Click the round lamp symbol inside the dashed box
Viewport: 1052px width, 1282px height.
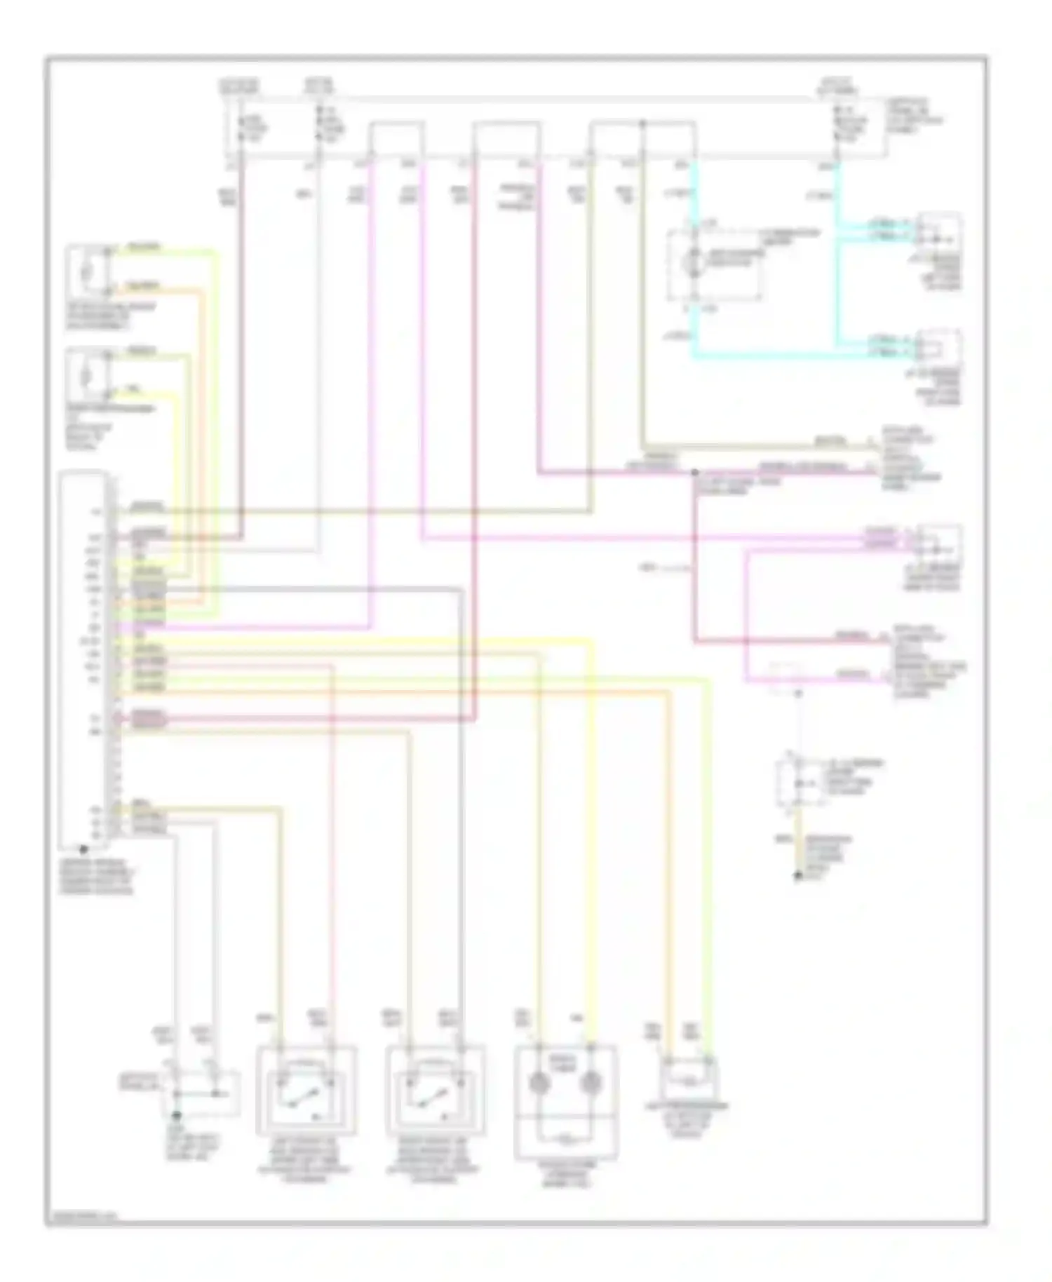pos(694,257)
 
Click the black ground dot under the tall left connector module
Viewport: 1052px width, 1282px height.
pos(83,849)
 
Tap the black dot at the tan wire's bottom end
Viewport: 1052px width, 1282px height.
pos(797,876)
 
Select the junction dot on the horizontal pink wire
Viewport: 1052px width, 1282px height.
pos(694,472)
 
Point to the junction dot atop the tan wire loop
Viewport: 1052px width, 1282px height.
pos(642,124)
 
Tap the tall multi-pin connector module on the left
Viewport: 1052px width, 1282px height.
pos(84,656)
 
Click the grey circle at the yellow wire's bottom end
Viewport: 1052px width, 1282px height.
pos(591,1083)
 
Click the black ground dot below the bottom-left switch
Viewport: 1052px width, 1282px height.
pos(177,1114)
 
